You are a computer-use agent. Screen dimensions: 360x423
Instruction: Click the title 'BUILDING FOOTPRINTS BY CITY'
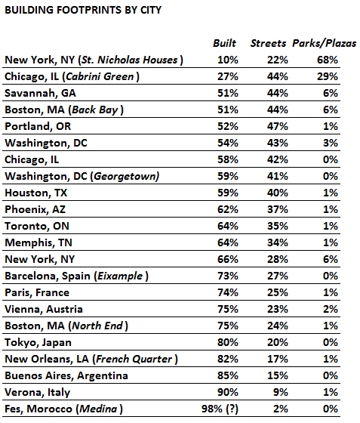point(83,11)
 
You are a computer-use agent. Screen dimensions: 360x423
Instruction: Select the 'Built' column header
point(224,43)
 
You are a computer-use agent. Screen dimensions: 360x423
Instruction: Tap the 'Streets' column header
point(268,43)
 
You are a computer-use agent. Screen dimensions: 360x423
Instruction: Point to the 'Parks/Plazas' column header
point(325,44)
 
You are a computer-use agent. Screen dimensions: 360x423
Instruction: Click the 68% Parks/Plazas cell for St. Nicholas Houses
point(327,60)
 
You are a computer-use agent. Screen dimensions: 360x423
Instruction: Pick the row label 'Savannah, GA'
point(41,94)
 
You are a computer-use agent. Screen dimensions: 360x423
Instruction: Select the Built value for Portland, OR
point(228,127)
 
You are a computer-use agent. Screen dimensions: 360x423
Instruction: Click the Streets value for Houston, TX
point(278,193)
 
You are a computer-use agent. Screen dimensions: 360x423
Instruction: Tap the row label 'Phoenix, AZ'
point(35,210)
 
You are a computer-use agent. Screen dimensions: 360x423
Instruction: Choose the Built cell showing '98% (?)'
point(220,409)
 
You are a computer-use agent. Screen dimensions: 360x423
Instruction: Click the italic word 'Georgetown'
point(125,177)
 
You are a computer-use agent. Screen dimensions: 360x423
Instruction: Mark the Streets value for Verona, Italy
point(281,392)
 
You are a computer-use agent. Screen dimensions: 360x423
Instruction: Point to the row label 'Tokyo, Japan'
point(38,343)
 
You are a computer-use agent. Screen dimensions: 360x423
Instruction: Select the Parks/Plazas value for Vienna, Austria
point(331,309)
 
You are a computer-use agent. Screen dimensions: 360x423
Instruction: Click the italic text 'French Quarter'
point(134,359)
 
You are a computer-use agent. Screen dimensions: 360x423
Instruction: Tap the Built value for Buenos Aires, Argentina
point(228,376)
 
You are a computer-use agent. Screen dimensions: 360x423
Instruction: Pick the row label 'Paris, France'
point(37,293)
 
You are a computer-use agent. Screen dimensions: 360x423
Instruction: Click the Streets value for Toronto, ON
point(278,226)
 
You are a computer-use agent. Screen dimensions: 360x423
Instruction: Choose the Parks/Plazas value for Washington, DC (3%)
point(331,143)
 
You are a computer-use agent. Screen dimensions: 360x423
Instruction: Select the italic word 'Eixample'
point(120,276)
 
